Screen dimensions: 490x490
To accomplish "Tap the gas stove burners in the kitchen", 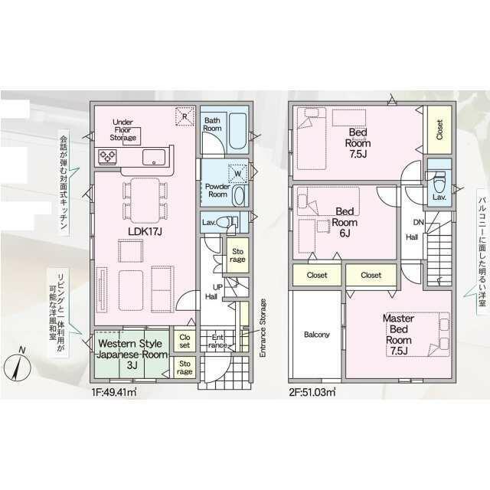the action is coord(107,156).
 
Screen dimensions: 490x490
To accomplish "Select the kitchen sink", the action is coord(154,157).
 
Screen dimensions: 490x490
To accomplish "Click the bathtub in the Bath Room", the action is coord(237,131).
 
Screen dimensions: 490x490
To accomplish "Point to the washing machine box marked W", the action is coord(237,174).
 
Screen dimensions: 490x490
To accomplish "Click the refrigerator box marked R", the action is coord(185,116).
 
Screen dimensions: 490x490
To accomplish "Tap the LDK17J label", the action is coord(145,231).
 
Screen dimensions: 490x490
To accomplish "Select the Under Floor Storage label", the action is coord(122,130).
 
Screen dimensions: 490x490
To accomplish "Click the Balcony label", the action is coord(316,335).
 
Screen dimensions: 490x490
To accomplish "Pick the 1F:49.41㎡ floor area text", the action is coord(114,392).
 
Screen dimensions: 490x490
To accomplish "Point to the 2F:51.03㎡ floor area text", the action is coord(312,392).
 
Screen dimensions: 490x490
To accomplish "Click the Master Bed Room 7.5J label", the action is coord(398,335).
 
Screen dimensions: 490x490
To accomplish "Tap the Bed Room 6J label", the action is coord(345,222).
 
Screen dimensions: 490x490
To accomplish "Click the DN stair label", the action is coord(419,223).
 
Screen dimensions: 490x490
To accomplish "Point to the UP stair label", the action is coord(217,287).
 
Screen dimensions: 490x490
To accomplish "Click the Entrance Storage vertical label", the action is coord(263,328).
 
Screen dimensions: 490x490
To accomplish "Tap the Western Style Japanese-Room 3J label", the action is coord(132,354).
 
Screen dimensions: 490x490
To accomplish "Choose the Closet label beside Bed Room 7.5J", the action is coord(439,130).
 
